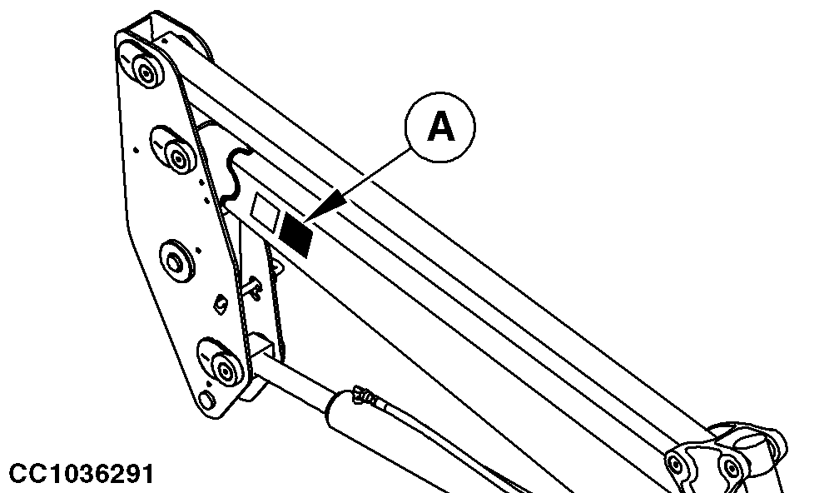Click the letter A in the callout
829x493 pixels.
440,127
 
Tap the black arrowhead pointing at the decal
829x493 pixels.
328,209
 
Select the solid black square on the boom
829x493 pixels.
296,235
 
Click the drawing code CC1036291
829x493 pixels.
82,474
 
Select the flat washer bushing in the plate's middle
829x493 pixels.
175,261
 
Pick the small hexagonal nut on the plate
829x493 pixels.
221,304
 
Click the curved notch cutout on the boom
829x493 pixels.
235,177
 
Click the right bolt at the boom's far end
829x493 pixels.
732,468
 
